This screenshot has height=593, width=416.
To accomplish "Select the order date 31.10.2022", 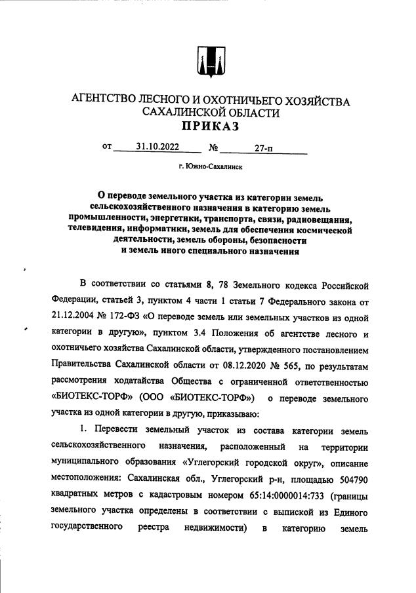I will (x=157, y=147).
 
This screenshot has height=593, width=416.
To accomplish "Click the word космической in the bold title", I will (x=321, y=230).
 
